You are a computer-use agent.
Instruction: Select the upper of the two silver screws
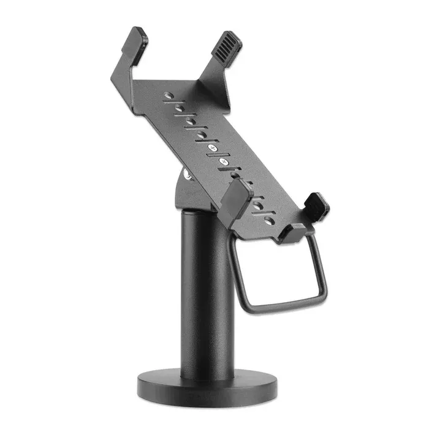point(212,149)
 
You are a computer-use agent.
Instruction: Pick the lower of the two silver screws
point(224,161)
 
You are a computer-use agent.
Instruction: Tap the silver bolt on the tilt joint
point(187,176)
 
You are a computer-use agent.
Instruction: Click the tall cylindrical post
point(207,288)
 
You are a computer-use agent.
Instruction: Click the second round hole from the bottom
point(258,205)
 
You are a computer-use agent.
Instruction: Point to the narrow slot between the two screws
point(218,155)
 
